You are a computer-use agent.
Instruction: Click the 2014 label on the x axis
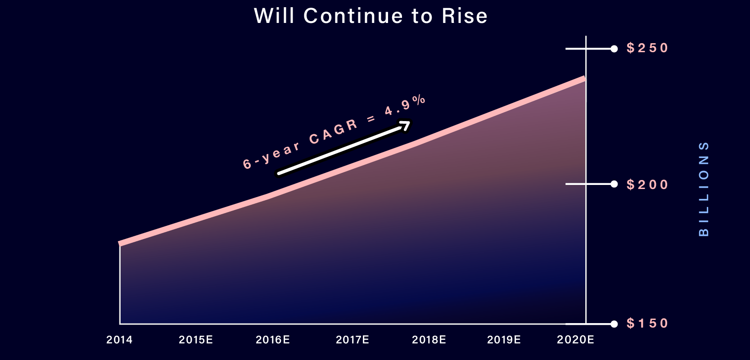[120, 340]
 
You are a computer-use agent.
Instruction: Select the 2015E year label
[196, 340]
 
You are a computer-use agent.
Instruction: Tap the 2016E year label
[273, 340]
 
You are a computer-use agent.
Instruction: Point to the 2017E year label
[352, 340]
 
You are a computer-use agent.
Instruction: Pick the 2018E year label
[429, 340]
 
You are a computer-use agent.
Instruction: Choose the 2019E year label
[504, 340]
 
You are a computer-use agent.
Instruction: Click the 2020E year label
[576, 340]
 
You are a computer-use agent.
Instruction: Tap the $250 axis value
[647, 48]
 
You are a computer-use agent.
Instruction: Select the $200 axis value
[647, 184]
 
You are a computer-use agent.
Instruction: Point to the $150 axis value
[647, 323]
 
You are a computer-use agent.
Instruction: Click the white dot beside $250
[614, 49]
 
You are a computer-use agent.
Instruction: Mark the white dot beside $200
[614, 184]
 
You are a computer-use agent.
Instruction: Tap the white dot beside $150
[614, 324]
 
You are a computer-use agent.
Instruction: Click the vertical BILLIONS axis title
[704, 189]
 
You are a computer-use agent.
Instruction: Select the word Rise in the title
[465, 16]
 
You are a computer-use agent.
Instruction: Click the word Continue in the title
[353, 16]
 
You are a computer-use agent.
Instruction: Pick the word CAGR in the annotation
[334, 131]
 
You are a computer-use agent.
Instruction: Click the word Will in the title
[274, 16]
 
